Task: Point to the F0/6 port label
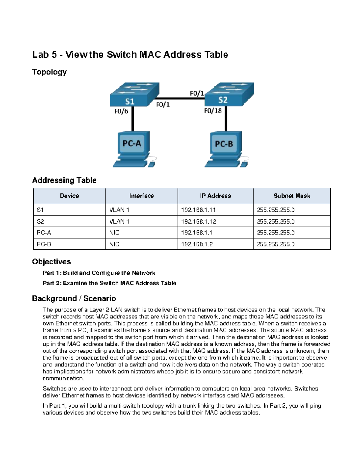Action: point(121,111)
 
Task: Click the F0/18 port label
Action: point(213,111)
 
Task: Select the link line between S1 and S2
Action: point(180,99)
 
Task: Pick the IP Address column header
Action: point(215,196)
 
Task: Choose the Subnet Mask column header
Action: point(292,196)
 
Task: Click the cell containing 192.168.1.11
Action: point(198,210)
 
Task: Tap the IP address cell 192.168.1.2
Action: point(197,244)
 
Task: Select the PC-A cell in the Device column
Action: point(44,233)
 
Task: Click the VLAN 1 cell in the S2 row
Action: point(119,221)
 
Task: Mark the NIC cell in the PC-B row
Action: point(114,244)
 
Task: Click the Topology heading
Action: point(49,72)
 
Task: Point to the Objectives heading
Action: point(52,262)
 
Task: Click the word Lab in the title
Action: point(40,55)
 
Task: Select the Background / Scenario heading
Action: point(74,298)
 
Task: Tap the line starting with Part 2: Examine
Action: point(110,283)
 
